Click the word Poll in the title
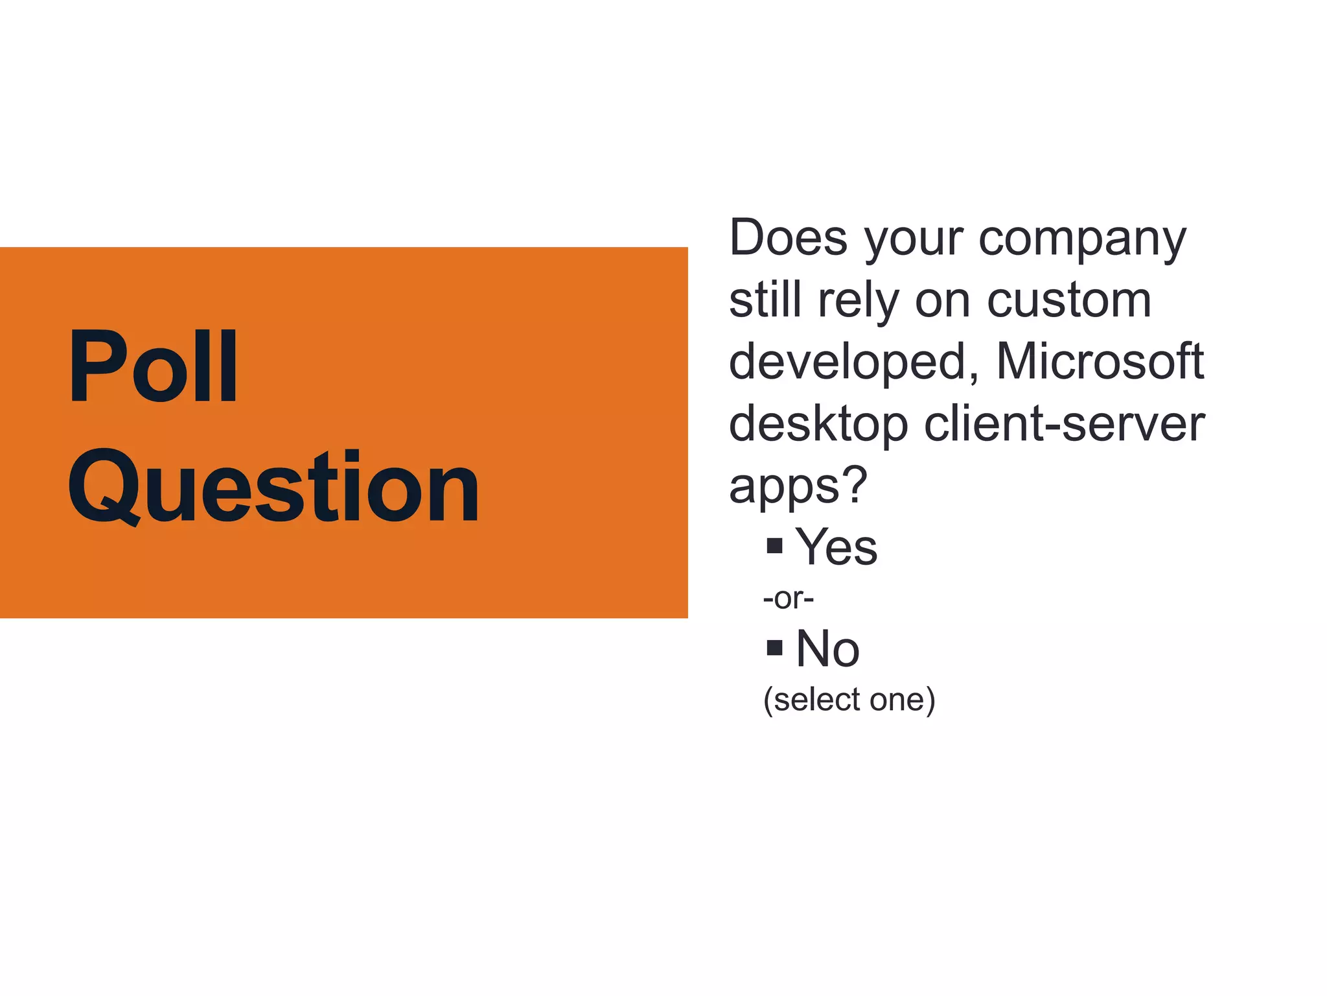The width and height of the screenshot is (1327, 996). [154, 366]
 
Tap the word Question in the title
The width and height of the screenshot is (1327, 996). [273, 487]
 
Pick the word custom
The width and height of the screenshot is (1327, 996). [1068, 300]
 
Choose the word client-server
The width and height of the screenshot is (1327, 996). [1064, 423]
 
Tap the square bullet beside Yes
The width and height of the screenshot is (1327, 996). [774, 545]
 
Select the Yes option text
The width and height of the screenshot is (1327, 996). [836, 547]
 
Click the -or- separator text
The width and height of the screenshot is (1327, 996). [788, 598]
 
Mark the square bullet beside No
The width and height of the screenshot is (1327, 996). [774, 647]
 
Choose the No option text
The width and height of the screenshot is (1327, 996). [827, 648]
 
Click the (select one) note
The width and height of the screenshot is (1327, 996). [849, 700]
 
